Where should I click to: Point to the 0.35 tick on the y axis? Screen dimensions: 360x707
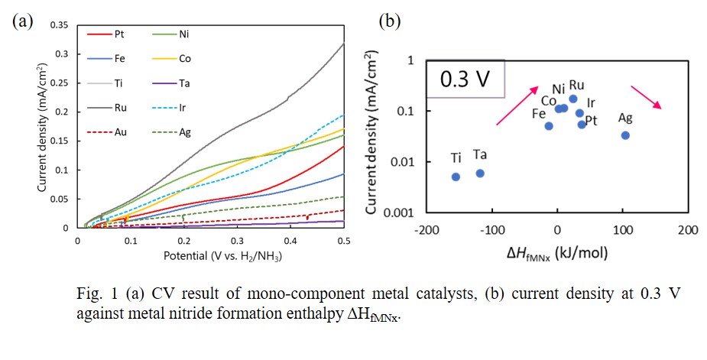point(60,25)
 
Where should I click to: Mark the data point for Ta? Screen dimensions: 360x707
point(480,174)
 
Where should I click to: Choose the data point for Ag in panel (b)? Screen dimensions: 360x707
point(625,135)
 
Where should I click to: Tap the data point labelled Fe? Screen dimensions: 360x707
point(549,126)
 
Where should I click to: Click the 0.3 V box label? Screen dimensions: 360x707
point(465,79)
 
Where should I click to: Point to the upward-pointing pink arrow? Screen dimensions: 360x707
point(517,105)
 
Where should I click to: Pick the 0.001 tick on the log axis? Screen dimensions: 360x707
point(400,212)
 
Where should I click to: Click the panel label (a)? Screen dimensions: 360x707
point(20,21)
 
